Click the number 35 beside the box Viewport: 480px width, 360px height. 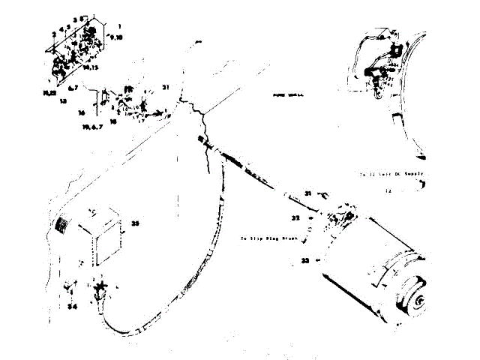point(136,222)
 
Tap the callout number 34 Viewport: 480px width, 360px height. point(72,307)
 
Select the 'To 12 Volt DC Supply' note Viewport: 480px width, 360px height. point(391,173)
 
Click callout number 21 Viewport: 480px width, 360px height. point(166,88)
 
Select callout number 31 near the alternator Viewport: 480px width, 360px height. point(308,194)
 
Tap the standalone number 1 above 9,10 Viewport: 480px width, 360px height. point(119,25)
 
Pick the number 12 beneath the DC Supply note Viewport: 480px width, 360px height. point(388,191)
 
